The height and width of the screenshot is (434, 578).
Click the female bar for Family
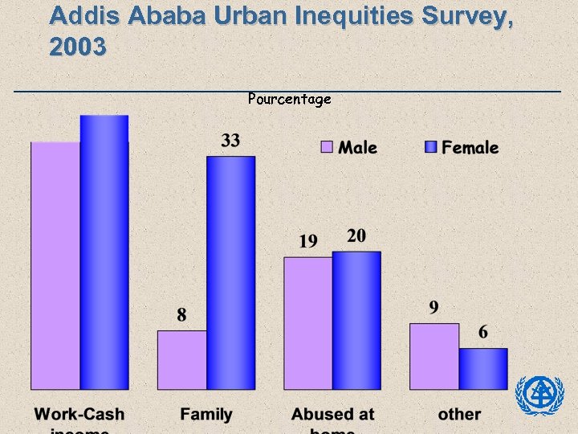pyautogui.click(x=231, y=273)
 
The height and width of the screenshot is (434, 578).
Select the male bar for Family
pyautogui.click(x=182, y=360)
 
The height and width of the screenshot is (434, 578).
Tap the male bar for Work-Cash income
pyautogui.click(x=55, y=265)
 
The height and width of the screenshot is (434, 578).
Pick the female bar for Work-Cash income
pyautogui.click(x=104, y=252)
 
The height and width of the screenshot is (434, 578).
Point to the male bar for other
pyautogui.click(x=434, y=356)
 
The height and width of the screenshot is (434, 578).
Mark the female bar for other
pyautogui.click(x=483, y=369)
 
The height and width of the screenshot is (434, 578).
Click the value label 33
pyautogui.click(x=230, y=141)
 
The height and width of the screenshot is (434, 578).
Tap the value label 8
pyautogui.click(x=182, y=315)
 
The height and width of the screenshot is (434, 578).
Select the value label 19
pyautogui.click(x=308, y=240)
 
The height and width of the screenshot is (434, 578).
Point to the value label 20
pyautogui.click(x=356, y=235)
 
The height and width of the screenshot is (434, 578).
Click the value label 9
pyautogui.click(x=434, y=307)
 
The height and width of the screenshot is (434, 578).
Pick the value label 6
pyautogui.click(x=483, y=332)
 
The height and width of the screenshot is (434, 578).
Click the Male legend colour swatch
pyautogui.click(x=327, y=147)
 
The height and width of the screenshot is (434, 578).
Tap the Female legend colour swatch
pyautogui.click(x=430, y=147)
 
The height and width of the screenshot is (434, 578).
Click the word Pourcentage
pyautogui.click(x=289, y=100)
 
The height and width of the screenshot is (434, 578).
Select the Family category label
pyautogui.click(x=206, y=415)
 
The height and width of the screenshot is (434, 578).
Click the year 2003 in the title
pyautogui.click(x=77, y=48)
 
